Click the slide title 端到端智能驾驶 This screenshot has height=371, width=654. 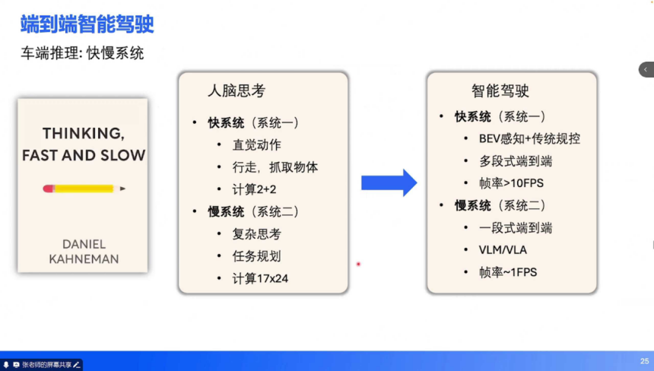pyautogui.click(x=87, y=25)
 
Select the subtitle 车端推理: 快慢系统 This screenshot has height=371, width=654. pyautogui.click(x=82, y=54)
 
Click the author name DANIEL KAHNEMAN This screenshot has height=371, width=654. pyautogui.click(x=82, y=251)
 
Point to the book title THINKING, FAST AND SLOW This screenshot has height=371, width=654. pyautogui.click(x=83, y=144)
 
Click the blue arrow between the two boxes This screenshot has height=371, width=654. pyautogui.click(x=389, y=182)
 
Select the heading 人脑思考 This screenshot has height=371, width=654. pyautogui.click(x=237, y=91)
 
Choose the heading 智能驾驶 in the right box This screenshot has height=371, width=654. pyautogui.click(x=500, y=92)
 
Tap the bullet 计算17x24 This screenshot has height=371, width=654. pyautogui.click(x=260, y=278)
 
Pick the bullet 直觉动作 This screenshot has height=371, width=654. pyautogui.click(x=256, y=145)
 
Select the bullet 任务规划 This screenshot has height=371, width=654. pyautogui.click(x=256, y=256)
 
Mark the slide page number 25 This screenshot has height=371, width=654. pyautogui.click(x=644, y=361)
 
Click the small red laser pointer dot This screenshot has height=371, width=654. pyautogui.click(x=358, y=264)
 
